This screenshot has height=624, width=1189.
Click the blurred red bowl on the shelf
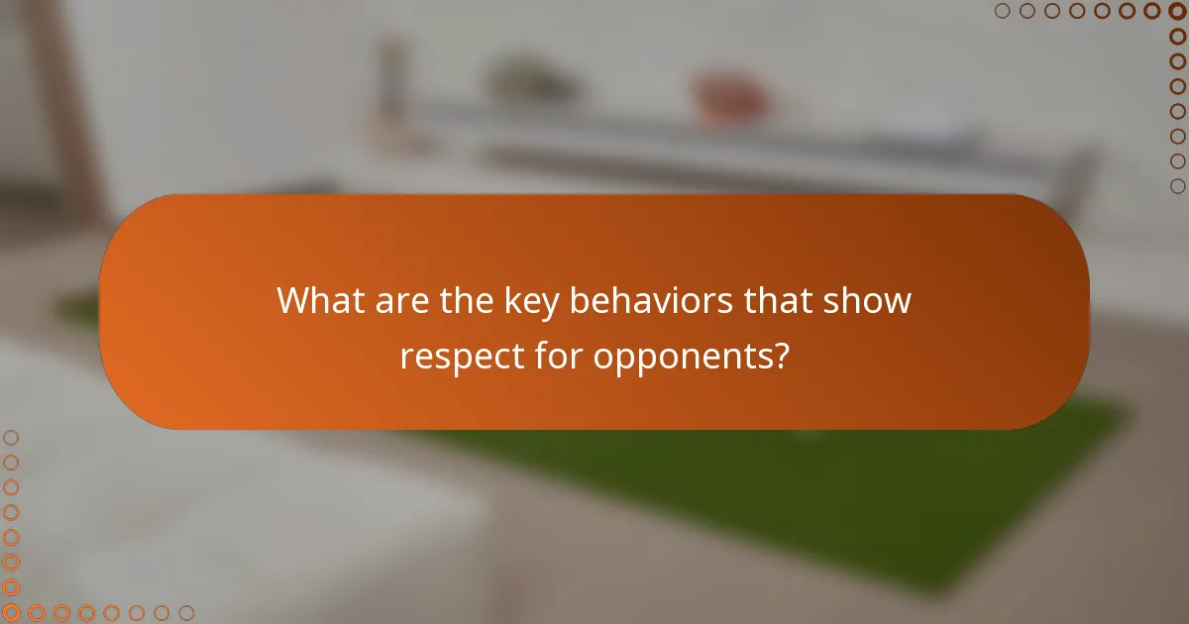point(731,97)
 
